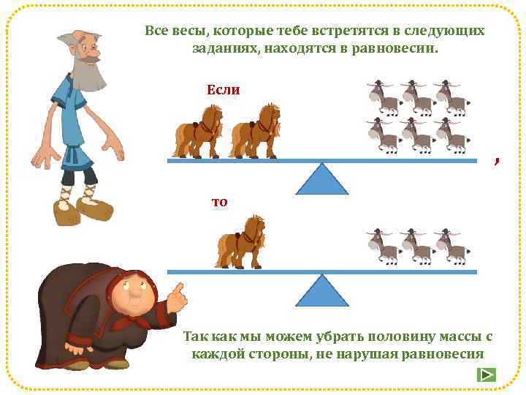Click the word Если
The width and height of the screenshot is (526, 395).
pos(224,89)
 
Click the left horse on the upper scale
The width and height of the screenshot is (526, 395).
pos(198,132)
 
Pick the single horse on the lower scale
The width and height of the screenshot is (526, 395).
pos(240,242)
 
